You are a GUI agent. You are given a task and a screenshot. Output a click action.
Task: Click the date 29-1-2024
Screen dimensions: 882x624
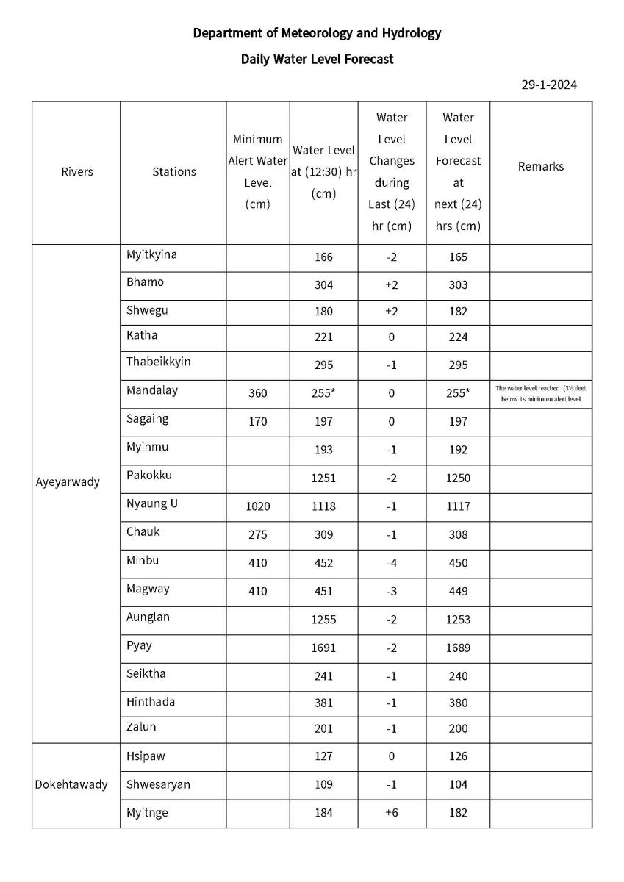tap(549, 85)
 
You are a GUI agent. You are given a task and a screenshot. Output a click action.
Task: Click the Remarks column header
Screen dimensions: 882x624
tap(540, 166)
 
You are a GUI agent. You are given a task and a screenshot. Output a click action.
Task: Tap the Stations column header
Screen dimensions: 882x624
tap(174, 171)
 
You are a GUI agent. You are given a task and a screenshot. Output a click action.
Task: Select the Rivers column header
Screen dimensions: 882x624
tap(77, 171)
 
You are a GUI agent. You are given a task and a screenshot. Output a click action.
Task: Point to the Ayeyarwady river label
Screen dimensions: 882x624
tap(68, 483)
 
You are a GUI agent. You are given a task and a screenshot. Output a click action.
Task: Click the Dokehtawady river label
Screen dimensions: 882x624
tap(71, 784)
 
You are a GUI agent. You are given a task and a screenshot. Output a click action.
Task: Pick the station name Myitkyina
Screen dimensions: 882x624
tap(151, 255)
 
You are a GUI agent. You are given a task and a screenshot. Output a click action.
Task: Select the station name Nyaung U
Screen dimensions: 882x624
tap(151, 504)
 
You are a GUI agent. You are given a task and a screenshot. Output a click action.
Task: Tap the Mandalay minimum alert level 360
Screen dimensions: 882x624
tap(257, 393)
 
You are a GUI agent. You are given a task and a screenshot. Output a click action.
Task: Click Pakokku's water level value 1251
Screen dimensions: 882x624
tap(323, 478)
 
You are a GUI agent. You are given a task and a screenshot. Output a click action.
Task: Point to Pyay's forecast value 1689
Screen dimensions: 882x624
tap(457, 648)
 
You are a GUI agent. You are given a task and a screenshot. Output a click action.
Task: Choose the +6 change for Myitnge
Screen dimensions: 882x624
tap(391, 813)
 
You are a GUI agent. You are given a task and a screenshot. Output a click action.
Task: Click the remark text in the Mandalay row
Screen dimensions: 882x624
tap(540, 392)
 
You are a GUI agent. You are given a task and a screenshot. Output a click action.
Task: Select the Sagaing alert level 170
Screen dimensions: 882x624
tap(257, 422)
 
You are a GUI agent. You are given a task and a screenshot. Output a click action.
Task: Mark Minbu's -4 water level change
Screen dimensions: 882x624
tap(391, 564)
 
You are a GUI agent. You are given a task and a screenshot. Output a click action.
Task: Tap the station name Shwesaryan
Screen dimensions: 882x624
tap(158, 784)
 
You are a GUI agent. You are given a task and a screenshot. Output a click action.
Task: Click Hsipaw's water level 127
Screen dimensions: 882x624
tap(323, 756)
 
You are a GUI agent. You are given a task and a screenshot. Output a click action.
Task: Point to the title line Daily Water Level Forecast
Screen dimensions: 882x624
tap(317, 59)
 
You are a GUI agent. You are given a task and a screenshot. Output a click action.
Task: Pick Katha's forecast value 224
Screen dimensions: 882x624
tap(457, 337)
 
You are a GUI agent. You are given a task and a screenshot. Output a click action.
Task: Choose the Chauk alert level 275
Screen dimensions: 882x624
tap(257, 535)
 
